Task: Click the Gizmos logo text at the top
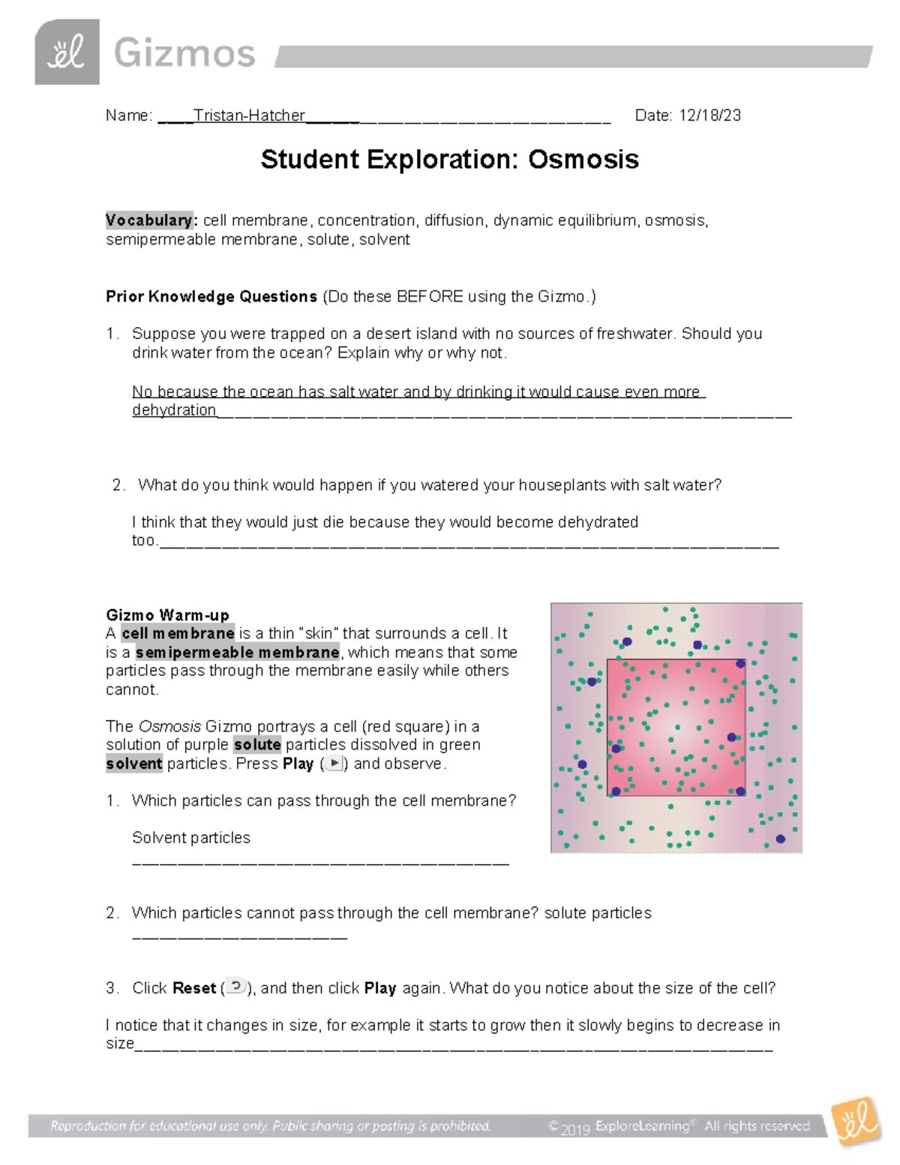(184, 54)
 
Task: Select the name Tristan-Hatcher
(249, 116)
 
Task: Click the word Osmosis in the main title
(583, 160)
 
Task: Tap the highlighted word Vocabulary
(150, 221)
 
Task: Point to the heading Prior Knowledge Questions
(211, 297)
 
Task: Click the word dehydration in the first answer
(174, 410)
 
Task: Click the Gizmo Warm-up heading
(167, 616)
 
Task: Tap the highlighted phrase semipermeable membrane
(237, 653)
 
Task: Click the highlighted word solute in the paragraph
(257, 745)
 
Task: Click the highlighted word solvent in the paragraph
(134, 764)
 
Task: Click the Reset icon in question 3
(236, 986)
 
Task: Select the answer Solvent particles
(190, 838)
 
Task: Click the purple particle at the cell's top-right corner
(740, 663)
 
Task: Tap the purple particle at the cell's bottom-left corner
(616, 791)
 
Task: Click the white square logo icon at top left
(67, 53)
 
